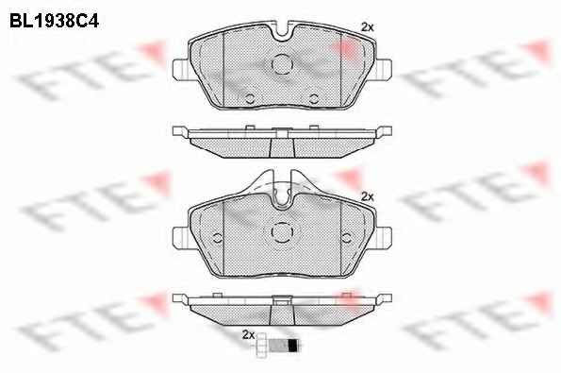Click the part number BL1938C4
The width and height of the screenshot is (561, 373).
tap(54, 21)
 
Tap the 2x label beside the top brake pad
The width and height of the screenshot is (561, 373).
tap(367, 26)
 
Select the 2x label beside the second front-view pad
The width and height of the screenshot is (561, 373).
tap(367, 196)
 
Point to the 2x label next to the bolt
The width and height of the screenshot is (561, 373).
tap(248, 334)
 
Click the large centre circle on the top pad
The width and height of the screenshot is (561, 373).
tap(282, 64)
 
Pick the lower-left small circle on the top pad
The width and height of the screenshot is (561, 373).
tap(250, 98)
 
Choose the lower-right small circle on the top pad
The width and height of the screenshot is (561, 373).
tap(314, 98)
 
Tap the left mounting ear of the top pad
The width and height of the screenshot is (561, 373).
tap(180, 69)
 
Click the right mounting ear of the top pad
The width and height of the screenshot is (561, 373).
tap(384, 69)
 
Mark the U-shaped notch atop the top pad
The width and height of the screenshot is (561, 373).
tap(282, 32)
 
